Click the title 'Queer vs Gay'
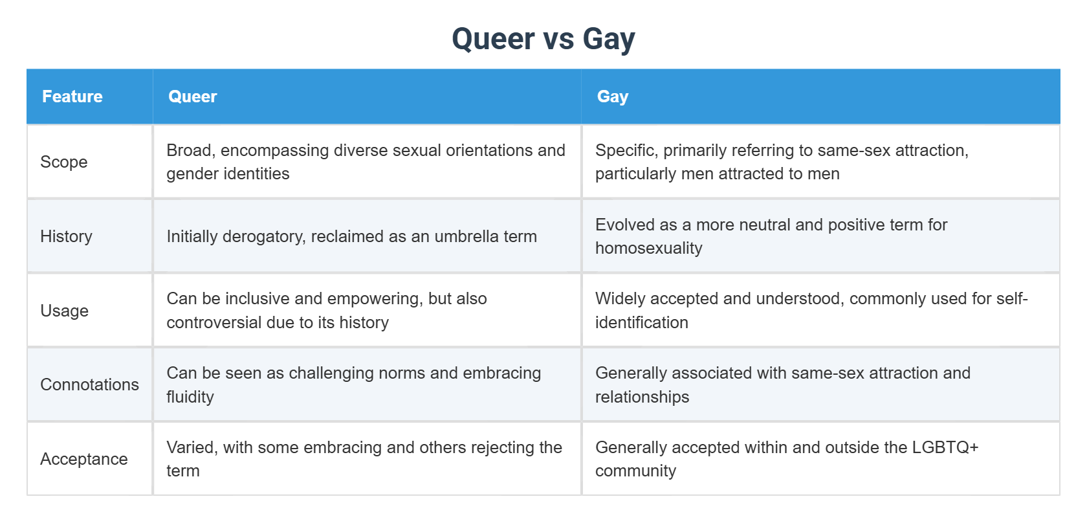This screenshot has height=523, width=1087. coord(543,39)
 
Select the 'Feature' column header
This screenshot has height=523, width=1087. coord(72,96)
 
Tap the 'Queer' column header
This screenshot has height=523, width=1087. coord(192,96)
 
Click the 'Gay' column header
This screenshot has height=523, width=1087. coord(612,96)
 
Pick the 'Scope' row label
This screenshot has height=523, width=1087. coord(63,162)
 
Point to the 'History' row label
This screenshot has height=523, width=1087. coord(66,236)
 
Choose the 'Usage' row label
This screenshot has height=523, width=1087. coord(64,311)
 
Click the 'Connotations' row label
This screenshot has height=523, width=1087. coord(89,384)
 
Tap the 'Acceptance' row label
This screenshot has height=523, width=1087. coord(83,459)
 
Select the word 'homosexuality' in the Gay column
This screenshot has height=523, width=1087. coord(648,249)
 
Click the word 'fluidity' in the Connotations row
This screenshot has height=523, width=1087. coord(190,397)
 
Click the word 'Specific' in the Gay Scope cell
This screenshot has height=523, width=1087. coord(624,150)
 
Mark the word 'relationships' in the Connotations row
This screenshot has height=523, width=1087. coord(642,397)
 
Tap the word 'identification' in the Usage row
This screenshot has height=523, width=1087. coord(641,322)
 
